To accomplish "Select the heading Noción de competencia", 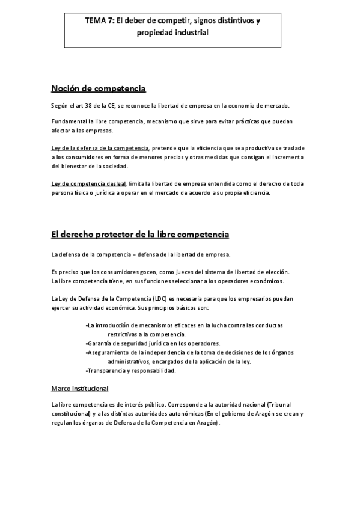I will click(99, 89).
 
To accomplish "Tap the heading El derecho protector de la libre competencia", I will click(140, 233).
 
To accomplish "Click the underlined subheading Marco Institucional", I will click(80, 389).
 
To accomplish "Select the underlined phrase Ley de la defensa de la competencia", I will click(100, 148).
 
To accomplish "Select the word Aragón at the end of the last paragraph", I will click(208, 422).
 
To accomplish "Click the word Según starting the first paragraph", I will click(60, 106).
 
